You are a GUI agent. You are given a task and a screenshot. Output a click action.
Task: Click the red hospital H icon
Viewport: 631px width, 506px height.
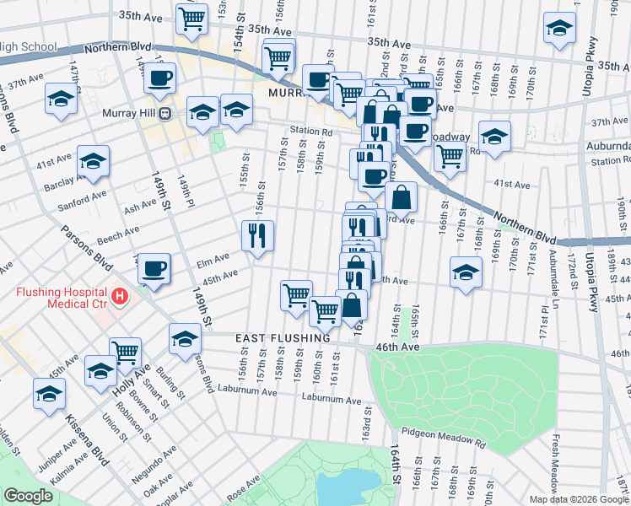coord(121,296)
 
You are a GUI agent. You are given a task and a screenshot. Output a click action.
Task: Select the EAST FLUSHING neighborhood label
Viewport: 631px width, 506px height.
coord(282,338)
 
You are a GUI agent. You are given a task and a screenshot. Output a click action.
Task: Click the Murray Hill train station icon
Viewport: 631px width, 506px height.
coord(166,113)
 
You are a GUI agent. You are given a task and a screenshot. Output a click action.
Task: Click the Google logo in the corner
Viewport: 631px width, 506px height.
coord(28,496)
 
